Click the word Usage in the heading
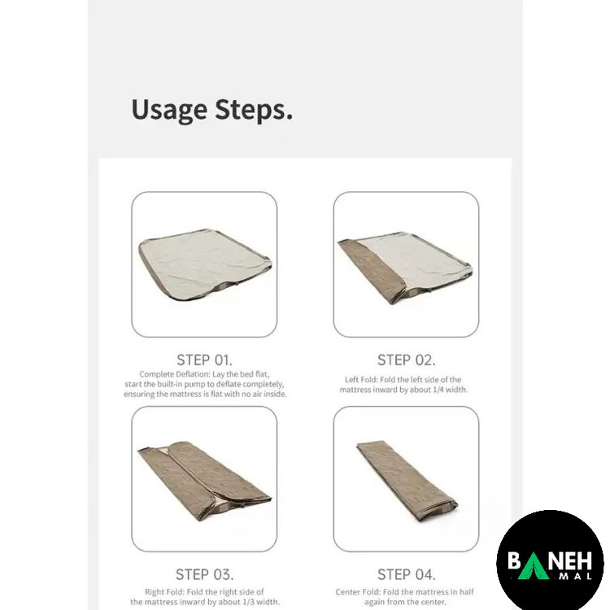click(169, 110)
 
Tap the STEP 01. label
click(204, 359)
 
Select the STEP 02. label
click(406, 359)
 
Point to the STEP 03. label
click(204, 574)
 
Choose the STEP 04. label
click(406, 574)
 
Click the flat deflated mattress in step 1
click(204, 264)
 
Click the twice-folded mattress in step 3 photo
click(204, 481)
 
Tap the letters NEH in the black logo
click(571, 560)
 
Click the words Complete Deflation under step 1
click(174, 374)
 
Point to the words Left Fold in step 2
click(360, 379)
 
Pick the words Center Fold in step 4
click(358, 592)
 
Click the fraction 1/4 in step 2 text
click(438, 390)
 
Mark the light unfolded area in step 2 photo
click(416, 260)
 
